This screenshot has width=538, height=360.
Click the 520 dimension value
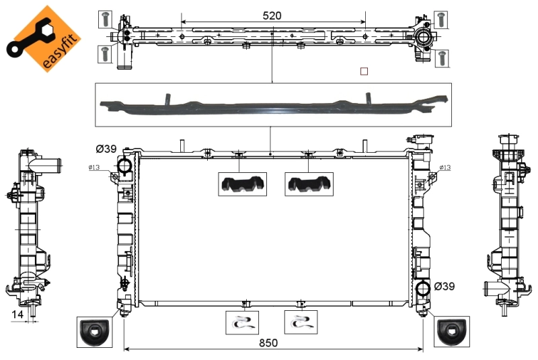(272, 15)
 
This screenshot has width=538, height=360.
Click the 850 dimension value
(268, 343)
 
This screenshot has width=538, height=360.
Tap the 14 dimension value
(17, 314)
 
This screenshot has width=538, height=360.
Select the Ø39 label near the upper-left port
(106, 149)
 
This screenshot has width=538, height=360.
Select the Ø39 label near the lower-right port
(445, 286)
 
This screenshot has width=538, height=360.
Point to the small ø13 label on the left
(93, 167)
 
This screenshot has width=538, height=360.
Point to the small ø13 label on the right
(445, 167)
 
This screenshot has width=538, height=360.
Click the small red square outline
(364, 71)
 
